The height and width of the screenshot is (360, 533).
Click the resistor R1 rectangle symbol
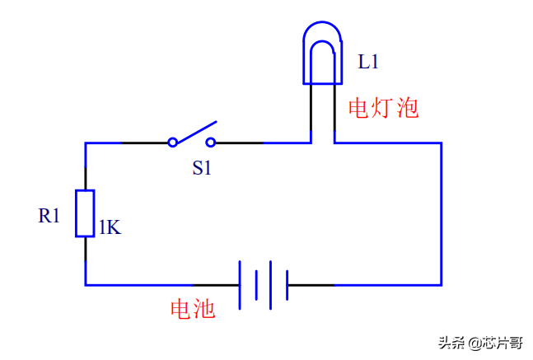pyautogui.click(x=85, y=213)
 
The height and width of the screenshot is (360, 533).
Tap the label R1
pyautogui.click(x=49, y=216)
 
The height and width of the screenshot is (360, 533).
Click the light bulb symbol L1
pyautogui.click(x=322, y=53)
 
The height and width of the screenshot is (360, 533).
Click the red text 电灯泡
pyautogui.click(x=384, y=108)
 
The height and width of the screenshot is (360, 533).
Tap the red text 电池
pyautogui.click(x=193, y=309)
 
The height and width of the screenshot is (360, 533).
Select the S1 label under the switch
pyautogui.click(x=203, y=168)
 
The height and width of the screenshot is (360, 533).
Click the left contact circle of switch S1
pyautogui.click(x=172, y=143)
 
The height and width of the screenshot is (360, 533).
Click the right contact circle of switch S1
pyautogui.click(x=211, y=143)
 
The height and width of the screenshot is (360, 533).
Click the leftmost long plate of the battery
pyautogui.click(x=240, y=285)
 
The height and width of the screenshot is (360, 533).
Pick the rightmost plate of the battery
pyautogui.click(x=287, y=285)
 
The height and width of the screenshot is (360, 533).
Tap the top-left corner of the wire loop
pyautogui.click(x=86, y=143)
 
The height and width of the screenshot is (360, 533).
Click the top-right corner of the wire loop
pyautogui.click(x=442, y=143)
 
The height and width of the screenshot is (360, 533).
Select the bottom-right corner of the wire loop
pyautogui.click(x=442, y=285)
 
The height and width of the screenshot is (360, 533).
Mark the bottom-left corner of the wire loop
pyautogui.click(x=86, y=285)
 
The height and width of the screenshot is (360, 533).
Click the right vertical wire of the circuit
pyautogui.click(x=442, y=214)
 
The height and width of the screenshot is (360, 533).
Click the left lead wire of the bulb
pyautogui.click(x=311, y=111)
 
